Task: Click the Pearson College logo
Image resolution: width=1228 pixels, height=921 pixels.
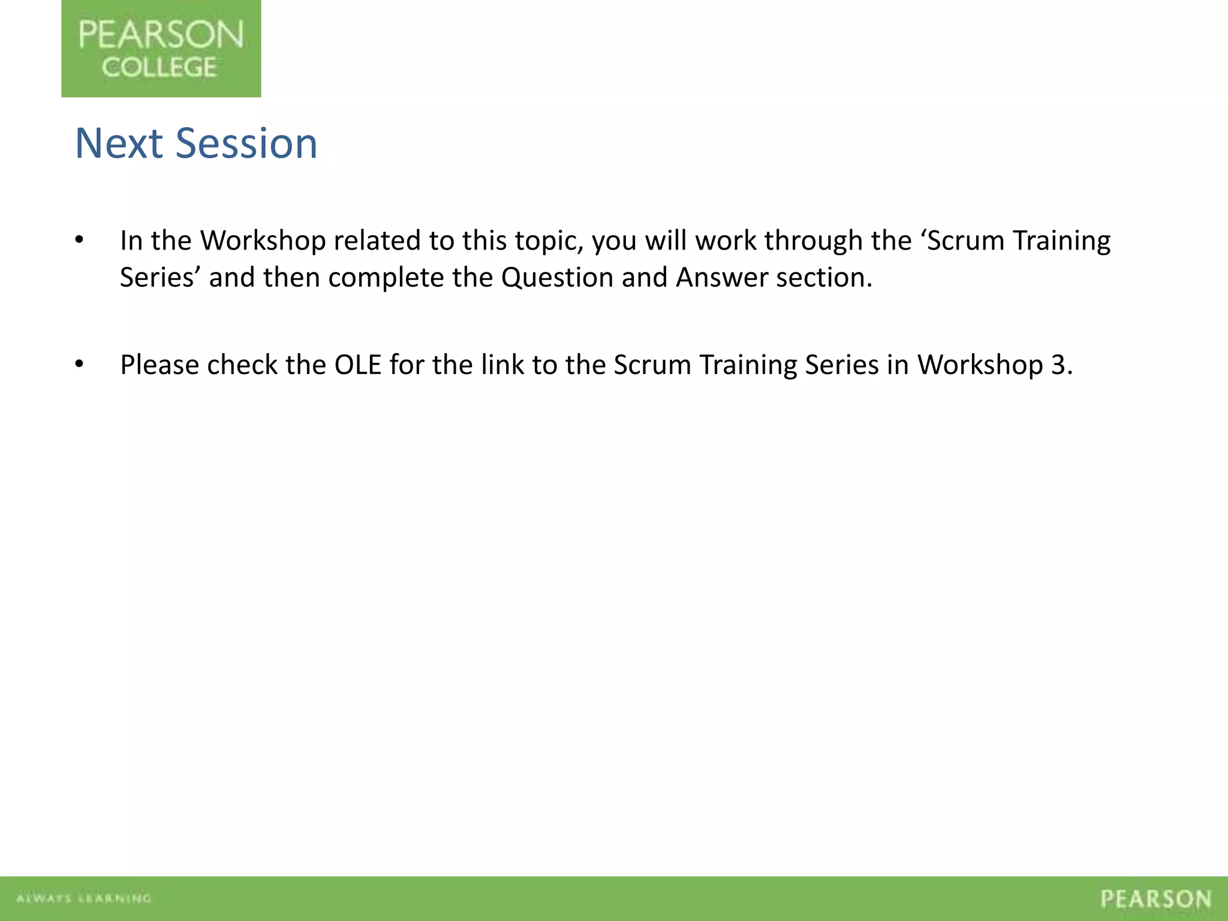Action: point(161,49)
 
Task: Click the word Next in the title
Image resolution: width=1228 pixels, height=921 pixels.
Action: point(119,144)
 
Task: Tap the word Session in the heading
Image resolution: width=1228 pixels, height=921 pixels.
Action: point(246,144)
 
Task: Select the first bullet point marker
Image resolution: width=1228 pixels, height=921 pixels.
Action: point(79,240)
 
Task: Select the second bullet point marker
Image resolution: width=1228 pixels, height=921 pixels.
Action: point(79,365)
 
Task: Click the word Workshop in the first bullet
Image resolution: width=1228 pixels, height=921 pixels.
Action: point(263,241)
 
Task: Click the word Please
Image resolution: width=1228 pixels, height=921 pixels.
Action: point(159,365)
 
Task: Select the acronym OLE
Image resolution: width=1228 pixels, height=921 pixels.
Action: point(357,365)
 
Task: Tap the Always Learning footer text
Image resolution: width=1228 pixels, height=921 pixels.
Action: point(83,898)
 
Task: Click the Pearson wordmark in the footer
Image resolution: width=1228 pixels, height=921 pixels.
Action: point(1155,899)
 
